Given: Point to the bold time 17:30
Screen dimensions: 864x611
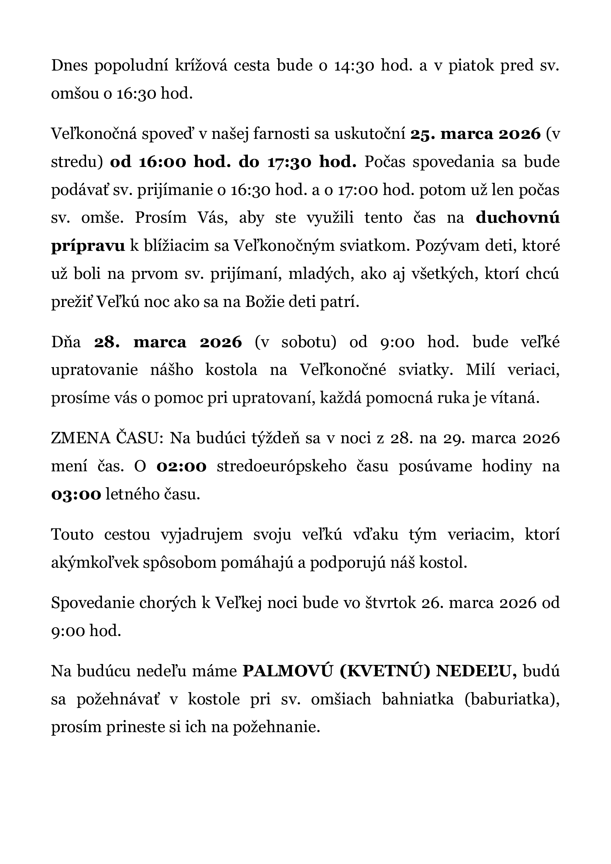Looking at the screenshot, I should coord(289,162).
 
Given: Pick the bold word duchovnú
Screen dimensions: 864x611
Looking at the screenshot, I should coord(518,218).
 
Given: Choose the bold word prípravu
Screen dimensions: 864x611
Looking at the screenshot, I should coord(88,246).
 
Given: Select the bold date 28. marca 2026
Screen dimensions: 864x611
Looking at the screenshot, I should coord(168,343).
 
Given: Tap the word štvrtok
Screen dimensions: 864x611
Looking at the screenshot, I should coord(390,603).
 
